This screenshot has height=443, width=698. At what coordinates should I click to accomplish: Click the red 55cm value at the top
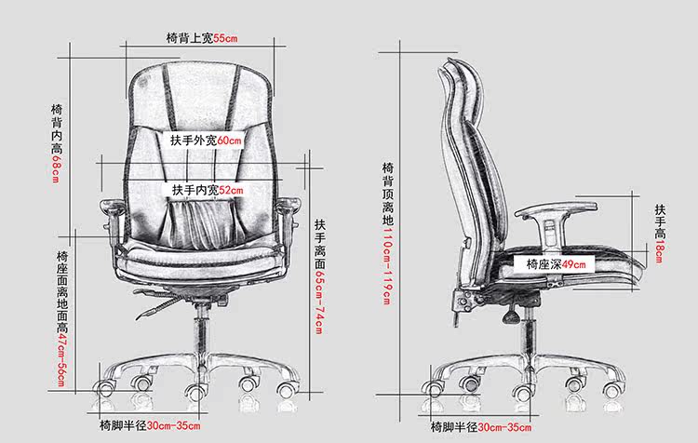tap(227, 38)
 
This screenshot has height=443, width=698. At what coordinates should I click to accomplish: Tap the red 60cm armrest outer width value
tap(230, 141)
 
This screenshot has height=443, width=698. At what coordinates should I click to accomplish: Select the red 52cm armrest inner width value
tap(230, 190)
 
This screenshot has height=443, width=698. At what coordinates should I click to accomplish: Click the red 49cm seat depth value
tap(575, 264)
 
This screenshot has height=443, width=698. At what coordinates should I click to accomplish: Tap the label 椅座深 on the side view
tap(544, 264)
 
